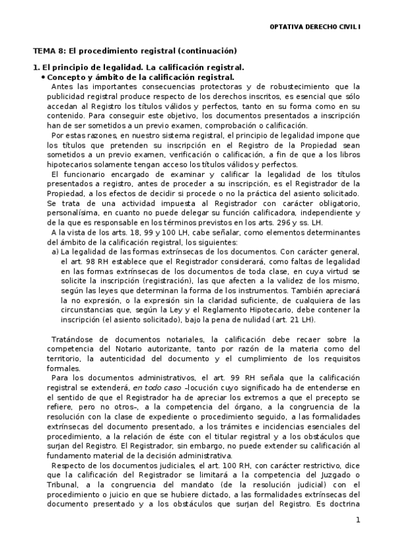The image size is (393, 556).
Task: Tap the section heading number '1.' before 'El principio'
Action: pyautogui.click(x=37, y=68)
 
